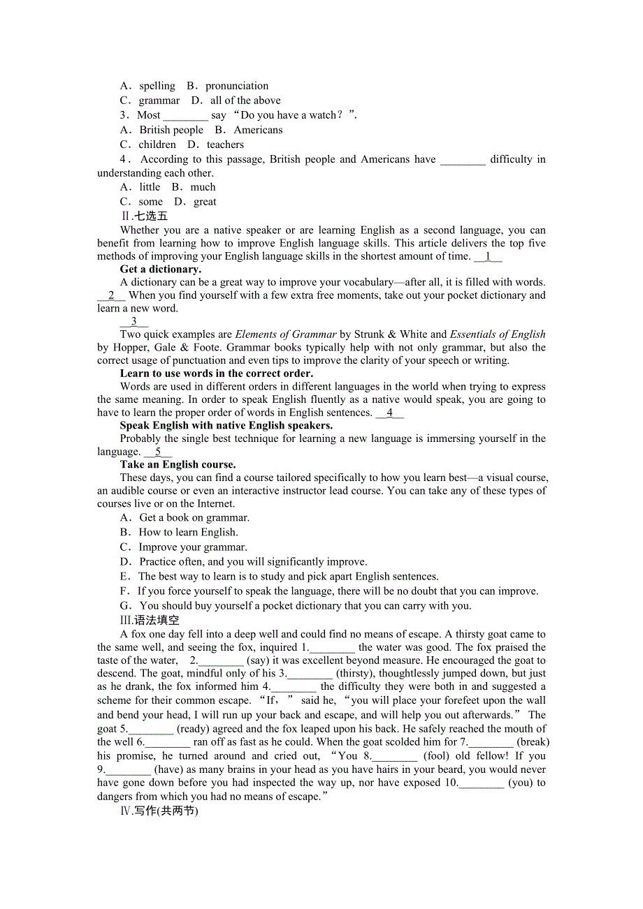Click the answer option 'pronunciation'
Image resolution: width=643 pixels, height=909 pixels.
(236, 86)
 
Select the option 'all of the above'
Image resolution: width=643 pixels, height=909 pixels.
(245, 101)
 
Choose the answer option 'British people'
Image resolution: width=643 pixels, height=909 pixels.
(171, 130)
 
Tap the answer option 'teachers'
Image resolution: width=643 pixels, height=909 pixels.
(225, 145)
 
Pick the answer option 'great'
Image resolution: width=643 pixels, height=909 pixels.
(205, 202)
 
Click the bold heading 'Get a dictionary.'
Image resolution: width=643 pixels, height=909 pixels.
(161, 269)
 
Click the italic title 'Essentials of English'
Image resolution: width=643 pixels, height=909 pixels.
(498, 334)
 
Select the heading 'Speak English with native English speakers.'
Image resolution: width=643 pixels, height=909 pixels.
(226, 425)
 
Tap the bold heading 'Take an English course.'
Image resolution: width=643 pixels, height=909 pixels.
(178, 464)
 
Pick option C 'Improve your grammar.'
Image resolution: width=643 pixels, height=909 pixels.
(193, 547)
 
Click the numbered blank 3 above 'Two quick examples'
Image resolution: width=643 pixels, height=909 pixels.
(134, 321)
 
